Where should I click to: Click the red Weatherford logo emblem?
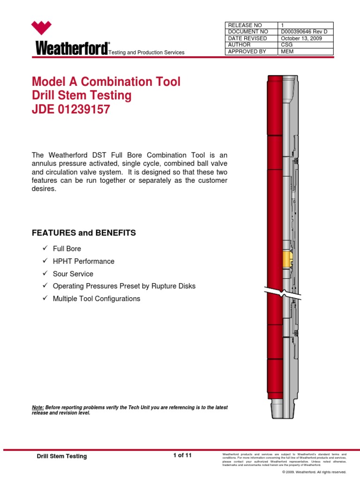pos(41,29)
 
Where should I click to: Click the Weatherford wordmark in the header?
pos(70,48)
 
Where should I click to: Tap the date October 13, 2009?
pos(301,38)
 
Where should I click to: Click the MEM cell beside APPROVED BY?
pos(287,52)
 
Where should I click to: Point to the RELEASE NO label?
pos(245,25)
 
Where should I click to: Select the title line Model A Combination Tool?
pos(106,82)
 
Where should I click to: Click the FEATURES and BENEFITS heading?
pos(83,233)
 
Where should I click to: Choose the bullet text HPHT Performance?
pos(83,261)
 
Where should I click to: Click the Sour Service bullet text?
pos(73,274)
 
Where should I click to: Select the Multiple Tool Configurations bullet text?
pos(97,299)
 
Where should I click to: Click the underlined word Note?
pos(38,408)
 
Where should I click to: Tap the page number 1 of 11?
pos(182,455)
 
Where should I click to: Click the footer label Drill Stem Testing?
pos(61,456)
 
